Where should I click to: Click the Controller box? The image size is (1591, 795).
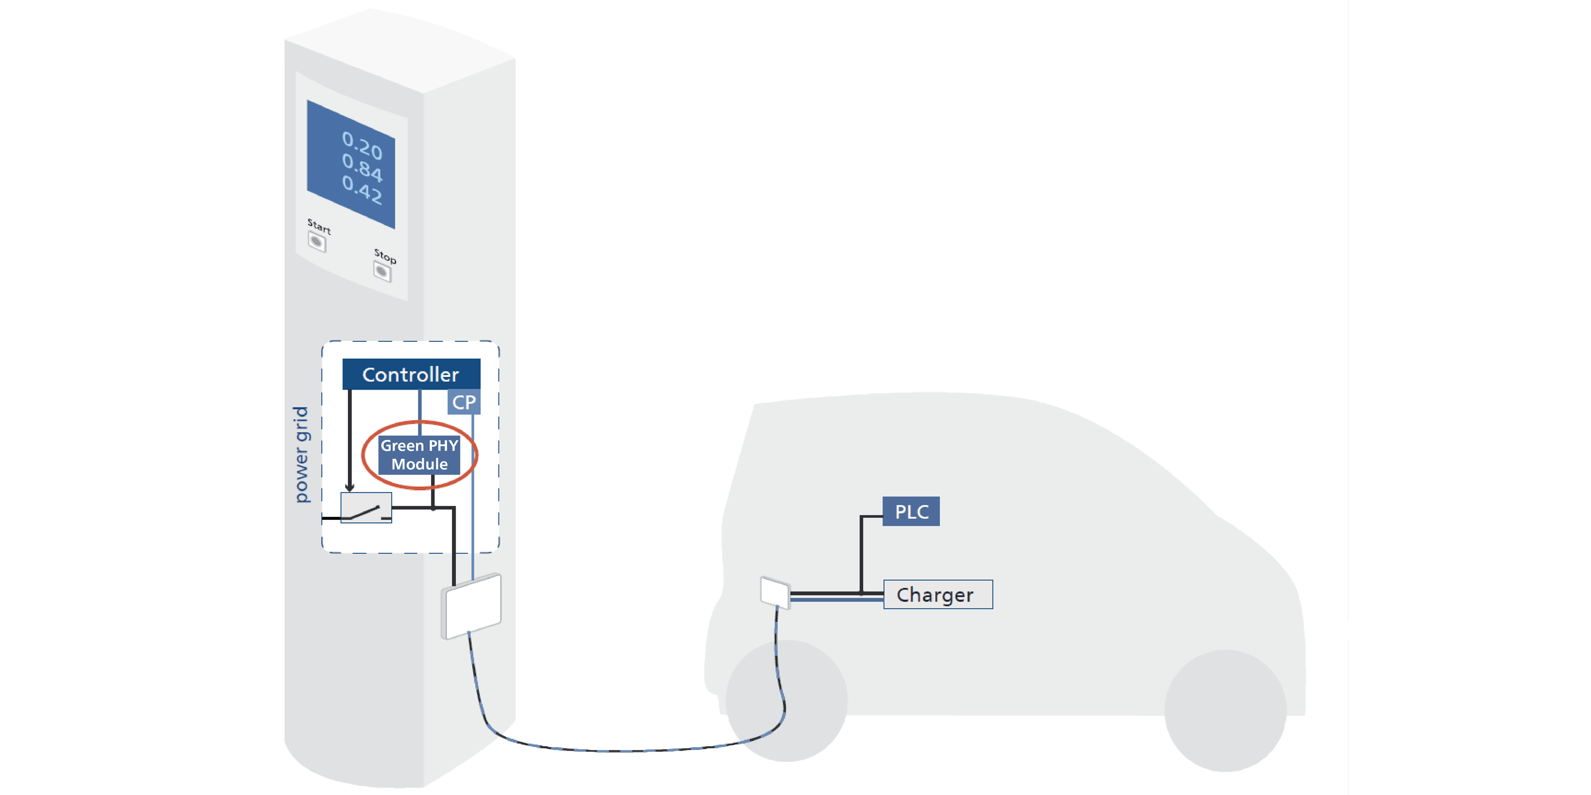click(410, 374)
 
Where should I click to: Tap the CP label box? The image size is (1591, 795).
click(464, 402)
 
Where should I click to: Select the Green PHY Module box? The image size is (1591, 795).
click(419, 455)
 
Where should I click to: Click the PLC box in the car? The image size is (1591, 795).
click(911, 511)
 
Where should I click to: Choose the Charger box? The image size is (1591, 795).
click(938, 595)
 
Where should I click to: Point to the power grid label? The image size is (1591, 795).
click(301, 454)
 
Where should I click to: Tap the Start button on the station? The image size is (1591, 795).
click(317, 242)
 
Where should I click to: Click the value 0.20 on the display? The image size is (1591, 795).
click(363, 146)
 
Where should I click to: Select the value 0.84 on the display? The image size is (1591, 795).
click(363, 167)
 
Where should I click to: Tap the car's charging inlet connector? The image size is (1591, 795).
click(774, 592)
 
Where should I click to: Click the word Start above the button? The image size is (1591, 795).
click(319, 226)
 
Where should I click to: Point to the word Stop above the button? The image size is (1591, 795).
click(385, 255)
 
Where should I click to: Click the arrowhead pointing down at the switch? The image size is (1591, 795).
click(349, 488)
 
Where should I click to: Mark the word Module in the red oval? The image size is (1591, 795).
click(419, 464)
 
